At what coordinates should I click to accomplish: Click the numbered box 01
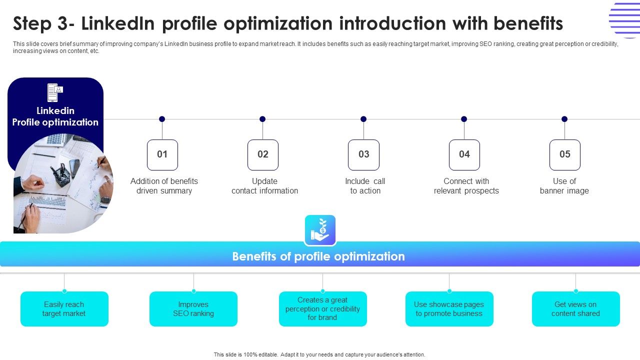point(162,154)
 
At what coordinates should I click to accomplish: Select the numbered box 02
point(263,154)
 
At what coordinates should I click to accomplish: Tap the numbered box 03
point(363,154)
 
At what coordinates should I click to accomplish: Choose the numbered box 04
point(464,154)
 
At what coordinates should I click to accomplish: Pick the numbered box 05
point(564,154)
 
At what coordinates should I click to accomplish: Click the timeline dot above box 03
point(363,119)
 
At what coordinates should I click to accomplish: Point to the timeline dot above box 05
point(564,119)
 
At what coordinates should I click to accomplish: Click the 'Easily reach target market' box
point(64,309)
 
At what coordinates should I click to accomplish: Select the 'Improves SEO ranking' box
point(193,309)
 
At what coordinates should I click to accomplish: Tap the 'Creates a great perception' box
point(322,309)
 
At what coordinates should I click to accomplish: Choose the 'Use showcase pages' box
point(449,309)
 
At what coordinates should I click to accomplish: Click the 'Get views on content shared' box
point(575,309)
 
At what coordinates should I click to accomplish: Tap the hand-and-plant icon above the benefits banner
point(320,230)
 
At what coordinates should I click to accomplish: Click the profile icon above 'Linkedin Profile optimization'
point(55,92)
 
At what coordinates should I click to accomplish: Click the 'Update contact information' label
point(264,186)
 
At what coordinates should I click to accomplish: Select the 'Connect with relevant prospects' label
point(466,186)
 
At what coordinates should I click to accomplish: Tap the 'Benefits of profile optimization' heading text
point(318,256)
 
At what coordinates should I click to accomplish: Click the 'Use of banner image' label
point(564,186)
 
